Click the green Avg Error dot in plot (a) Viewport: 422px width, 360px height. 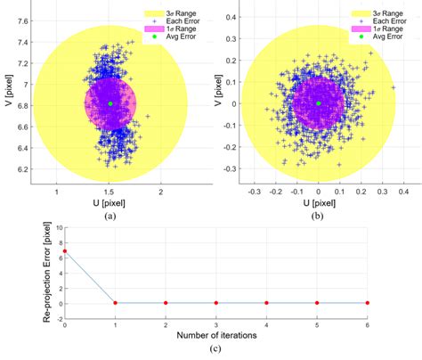(x=110, y=104)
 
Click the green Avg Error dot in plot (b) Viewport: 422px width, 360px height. (x=318, y=103)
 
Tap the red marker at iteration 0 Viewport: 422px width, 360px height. (x=64, y=251)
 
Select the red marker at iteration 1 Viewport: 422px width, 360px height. (x=115, y=303)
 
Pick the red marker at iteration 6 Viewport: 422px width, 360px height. (x=367, y=303)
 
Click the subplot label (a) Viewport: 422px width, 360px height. (x=109, y=217)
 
